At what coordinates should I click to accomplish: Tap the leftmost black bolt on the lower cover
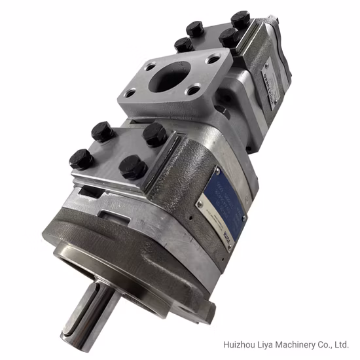pyautogui.click(x=81, y=159)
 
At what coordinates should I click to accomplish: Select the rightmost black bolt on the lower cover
pyautogui.click(x=154, y=134)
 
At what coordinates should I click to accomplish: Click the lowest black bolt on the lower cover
pyautogui.click(x=132, y=168)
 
